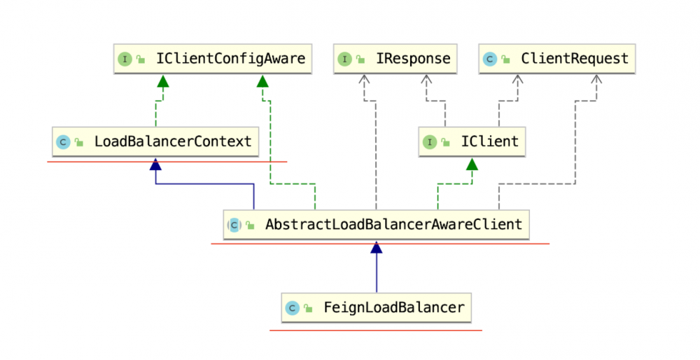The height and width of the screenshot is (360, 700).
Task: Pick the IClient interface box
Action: [x=471, y=141]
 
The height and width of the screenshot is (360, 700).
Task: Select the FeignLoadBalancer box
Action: [x=376, y=307]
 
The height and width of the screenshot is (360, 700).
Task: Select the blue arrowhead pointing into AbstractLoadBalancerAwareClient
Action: [x=377, y=247]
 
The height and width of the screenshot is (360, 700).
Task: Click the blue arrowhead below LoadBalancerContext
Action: [x=155, y=165]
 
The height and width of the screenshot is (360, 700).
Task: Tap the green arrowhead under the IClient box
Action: [x=472, y=165]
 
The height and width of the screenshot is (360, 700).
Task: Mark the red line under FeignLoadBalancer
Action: [x=376, y=330]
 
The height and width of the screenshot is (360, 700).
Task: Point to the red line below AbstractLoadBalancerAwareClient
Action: [x=380, y=244]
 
